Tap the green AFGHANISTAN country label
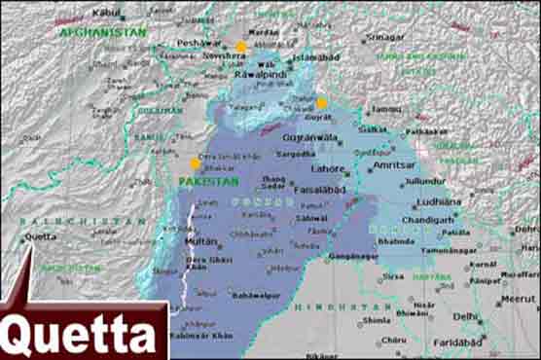pyautogui.click(x=103, y=32)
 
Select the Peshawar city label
pyautogui.click(x=199, y=44)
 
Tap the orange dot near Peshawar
pyautogui.click(x=241, y=47)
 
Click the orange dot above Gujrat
pyautogui.click(x=322, y=103)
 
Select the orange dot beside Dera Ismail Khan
pyautogui.click(x=196, y=163)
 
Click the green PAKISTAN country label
pyautogui.click(x=208, y=181)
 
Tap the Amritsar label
pyautogui.click(x=393, y=166)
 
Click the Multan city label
pyautogui.click(x=200, y=239)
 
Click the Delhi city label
pyautogui.click(x=465, y=316)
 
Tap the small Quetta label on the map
pyautogui.click(x=40, y=235)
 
